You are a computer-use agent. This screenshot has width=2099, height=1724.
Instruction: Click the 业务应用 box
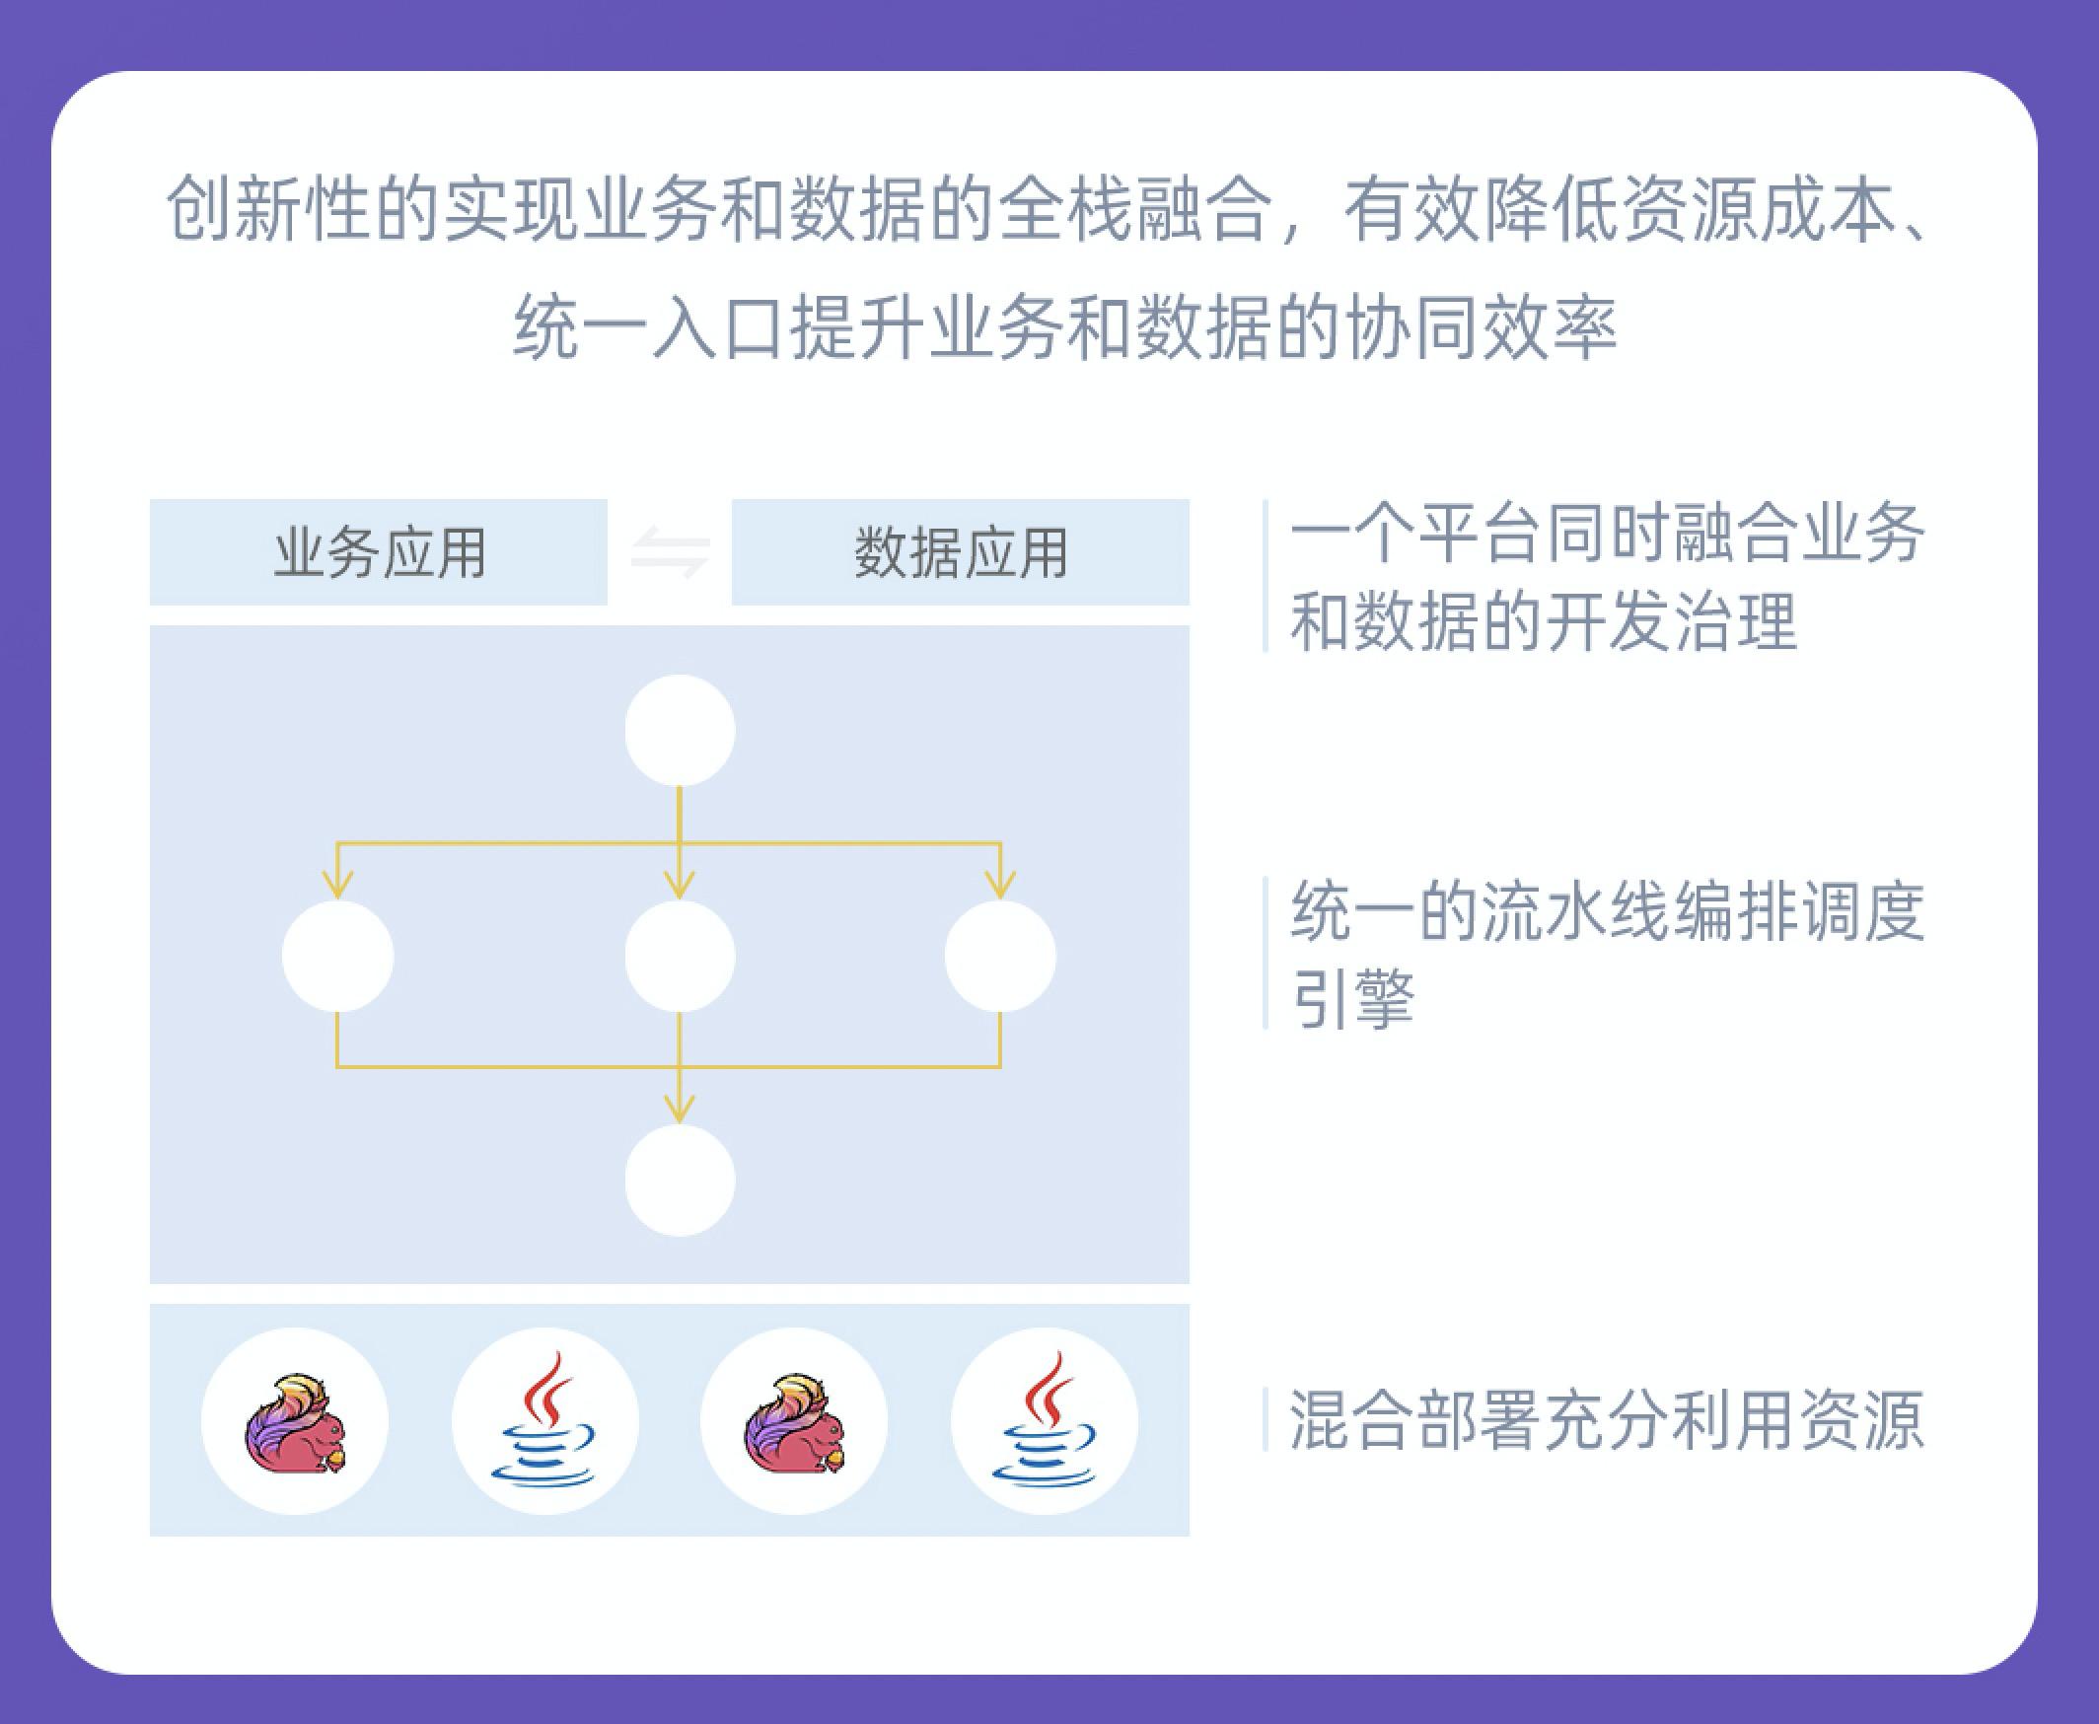point(379,552)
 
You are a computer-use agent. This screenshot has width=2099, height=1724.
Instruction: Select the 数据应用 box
point(960,552)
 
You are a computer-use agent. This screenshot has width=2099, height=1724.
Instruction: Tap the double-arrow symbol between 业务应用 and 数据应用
point(670,553)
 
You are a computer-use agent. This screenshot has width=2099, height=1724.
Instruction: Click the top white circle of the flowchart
point(681,731)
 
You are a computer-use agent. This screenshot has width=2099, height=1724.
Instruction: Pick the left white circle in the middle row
point(337,957)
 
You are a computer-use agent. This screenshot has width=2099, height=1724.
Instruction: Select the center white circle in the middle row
point(681,957)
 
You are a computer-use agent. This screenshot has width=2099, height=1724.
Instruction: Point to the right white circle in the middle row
point(1000,957)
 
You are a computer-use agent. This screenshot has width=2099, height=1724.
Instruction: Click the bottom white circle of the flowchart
point(681,1181)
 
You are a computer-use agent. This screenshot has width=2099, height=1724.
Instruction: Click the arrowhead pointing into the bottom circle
point(681,1111)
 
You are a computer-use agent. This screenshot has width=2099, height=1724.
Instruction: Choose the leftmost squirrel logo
point(296,1423)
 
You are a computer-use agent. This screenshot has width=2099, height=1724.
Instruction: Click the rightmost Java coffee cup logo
point(1045,1419)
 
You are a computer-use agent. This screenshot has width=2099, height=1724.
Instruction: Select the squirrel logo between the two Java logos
point(795,1423)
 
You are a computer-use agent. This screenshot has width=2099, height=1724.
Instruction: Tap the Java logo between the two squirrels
point(544,1419)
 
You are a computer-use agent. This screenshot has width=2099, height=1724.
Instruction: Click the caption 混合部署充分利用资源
point(1607,1420)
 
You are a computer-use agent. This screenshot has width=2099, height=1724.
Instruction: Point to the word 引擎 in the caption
point(1352,997)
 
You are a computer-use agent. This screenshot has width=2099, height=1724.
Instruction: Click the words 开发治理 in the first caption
point(1671,621)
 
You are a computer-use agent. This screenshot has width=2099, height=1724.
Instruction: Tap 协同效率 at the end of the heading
point(1480,326)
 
